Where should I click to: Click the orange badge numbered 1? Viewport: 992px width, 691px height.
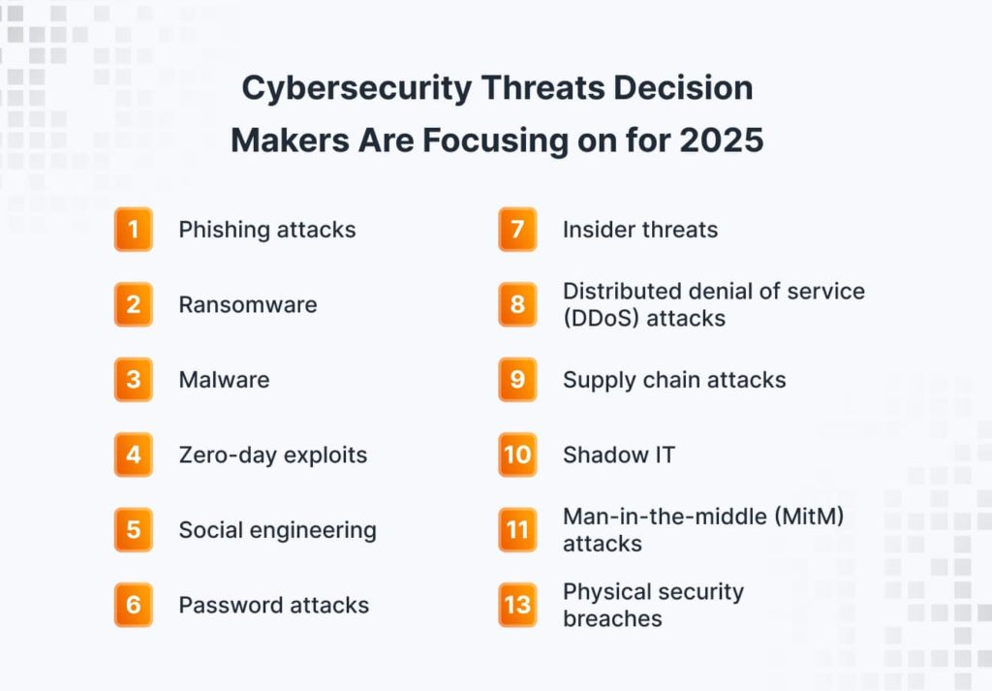[x=134, y=229]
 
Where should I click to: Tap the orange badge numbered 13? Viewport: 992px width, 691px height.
[x=517, y=605]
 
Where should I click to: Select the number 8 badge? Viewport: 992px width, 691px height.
[x=517, y=304]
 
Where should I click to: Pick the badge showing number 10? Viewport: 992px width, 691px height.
[x=517, y=455]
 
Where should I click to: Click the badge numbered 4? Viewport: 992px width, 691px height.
[x=134, y=455]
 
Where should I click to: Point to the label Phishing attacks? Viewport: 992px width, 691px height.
[x=267, y=230]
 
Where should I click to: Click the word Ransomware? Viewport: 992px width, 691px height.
[x=248, y=304]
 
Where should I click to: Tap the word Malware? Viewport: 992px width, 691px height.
[x=224, y=380]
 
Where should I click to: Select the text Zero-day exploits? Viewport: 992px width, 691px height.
[x=272, y=455]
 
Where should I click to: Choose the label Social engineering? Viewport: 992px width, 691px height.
[x=278, y=530]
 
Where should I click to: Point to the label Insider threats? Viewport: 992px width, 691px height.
[x=640, y=230]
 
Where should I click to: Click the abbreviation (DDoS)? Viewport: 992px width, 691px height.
[x=601, y=318]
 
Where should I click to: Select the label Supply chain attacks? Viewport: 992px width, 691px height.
[x=674, y=380]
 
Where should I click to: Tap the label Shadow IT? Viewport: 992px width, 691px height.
[x=619, y=455]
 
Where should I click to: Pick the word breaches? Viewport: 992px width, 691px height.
[x=612, y=618]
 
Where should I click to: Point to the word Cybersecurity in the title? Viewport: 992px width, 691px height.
[x=356, y=88]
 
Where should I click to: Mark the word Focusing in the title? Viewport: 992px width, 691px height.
[x=495, y=141]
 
